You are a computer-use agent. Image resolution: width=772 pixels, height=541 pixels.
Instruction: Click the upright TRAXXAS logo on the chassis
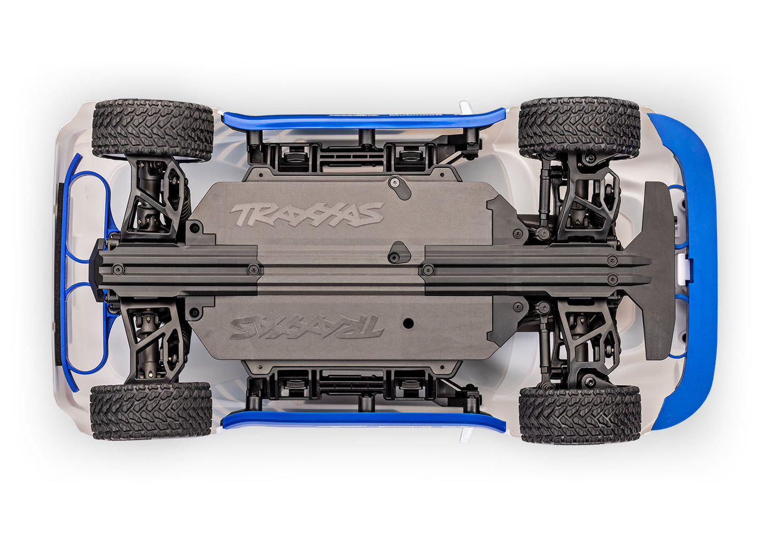pos(307,214)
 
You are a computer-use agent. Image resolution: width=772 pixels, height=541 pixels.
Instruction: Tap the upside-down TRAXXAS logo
pos(307,327)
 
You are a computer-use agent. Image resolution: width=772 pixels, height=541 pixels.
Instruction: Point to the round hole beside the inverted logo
pos(409,323)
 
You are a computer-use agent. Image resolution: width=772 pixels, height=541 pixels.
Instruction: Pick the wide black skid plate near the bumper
pos(658,270)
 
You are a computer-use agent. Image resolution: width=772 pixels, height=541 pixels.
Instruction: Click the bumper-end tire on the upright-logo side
pos(579,127)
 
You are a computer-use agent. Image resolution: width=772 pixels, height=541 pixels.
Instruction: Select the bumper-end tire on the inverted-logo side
pos(579,414)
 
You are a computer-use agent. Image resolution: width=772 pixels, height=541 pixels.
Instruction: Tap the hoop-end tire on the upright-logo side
pos(153,129)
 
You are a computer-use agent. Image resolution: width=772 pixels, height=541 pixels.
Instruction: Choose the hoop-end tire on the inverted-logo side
pos(151,411)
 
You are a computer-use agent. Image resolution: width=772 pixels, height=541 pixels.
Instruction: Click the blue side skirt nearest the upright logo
pos(363,121)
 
